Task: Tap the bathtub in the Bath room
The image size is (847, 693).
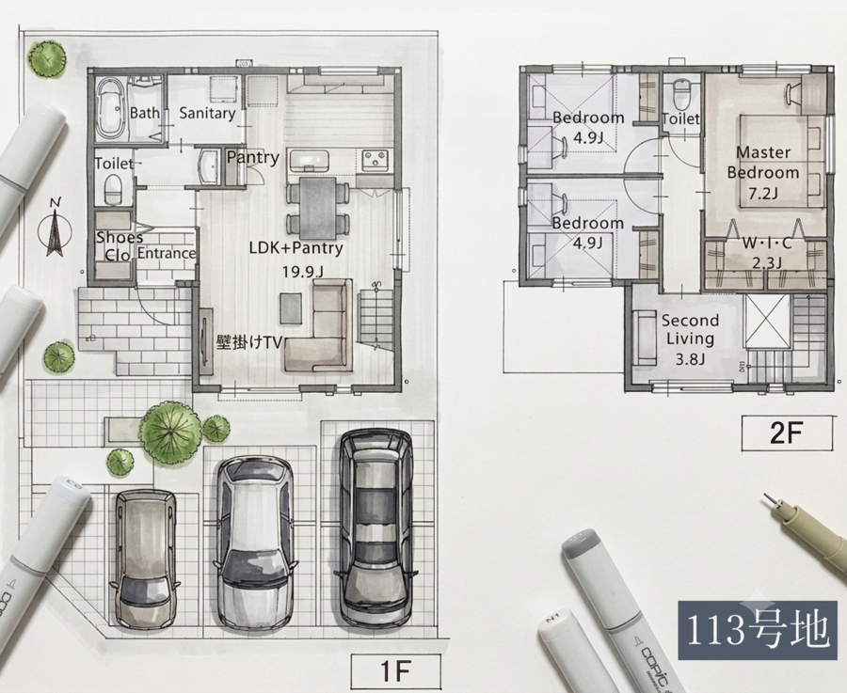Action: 111,110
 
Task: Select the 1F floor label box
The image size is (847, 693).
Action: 396,670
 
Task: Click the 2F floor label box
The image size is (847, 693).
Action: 787,433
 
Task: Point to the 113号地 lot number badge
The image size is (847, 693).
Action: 758,630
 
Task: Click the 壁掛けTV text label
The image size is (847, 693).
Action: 249,342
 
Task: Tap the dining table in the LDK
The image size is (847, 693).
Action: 318,208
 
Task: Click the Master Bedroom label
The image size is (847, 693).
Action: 762,163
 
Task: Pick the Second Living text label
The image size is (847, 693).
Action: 690,329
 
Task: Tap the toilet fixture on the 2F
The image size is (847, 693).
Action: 681,94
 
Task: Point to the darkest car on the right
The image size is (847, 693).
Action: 376,528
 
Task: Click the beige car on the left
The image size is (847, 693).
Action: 145,559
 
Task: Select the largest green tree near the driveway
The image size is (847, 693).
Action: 170,433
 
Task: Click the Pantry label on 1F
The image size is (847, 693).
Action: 253,158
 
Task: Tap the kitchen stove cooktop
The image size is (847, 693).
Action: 375,159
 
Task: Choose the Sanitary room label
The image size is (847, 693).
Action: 207,114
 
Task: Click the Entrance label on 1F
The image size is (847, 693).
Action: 167,253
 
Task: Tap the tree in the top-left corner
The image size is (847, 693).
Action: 48,58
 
